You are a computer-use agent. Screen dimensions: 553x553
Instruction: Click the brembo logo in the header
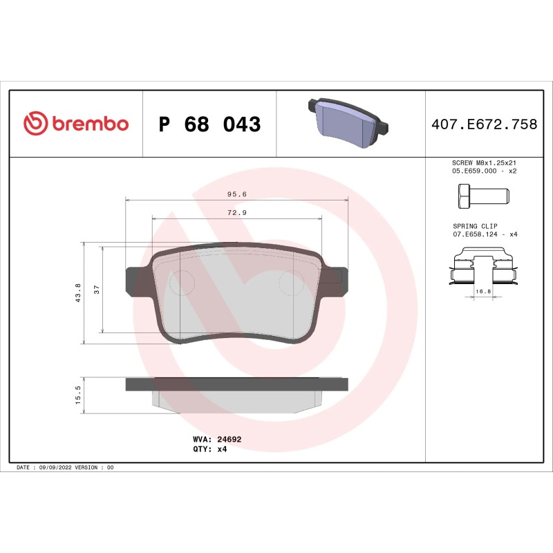(x=76, y=124)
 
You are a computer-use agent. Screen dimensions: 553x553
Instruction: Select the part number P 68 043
(x=209, y=124)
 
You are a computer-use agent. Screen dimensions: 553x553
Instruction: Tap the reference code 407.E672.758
(x=484, y=124)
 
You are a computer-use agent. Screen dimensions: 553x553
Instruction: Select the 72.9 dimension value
(x=237, y=213)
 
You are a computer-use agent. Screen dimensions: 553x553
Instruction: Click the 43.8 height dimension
(x=78, y=292)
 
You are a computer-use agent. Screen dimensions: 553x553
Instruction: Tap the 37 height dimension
(x=97, y=289)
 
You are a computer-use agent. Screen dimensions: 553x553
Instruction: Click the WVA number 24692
(x=229, y=439)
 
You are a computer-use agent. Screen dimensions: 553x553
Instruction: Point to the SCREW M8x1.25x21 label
(x=485, y=162)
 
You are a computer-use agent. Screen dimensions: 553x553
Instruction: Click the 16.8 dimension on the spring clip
(x=483, y=292)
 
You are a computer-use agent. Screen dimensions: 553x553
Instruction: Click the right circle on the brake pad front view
(x=291, y=281)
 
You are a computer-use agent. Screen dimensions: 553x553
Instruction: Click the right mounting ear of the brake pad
(x=337, y=280)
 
